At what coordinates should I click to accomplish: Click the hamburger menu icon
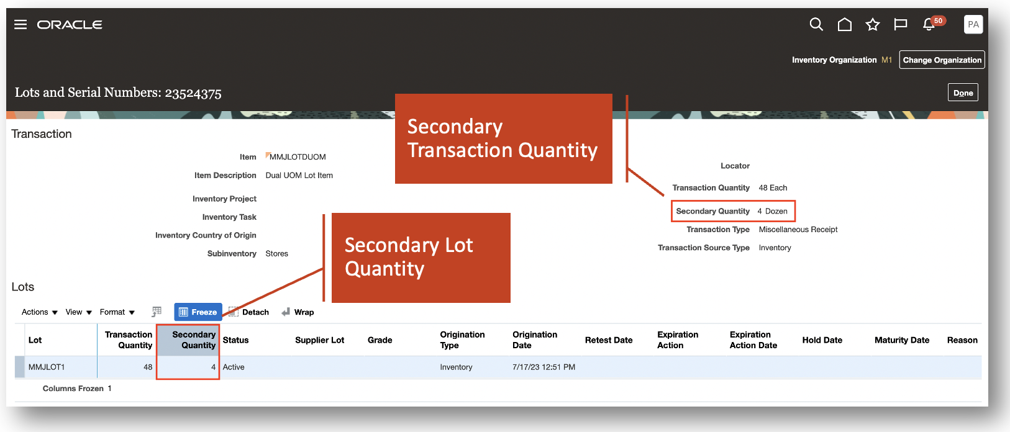click(x=20, y=24)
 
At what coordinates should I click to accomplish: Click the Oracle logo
click(x=70, y=24)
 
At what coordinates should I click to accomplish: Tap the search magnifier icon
click(x=816, y=24)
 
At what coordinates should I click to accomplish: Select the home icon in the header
click(x=845, y=24)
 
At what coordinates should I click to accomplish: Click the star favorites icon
click(x=873, y=24)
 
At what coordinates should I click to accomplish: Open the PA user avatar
click(x=973, y=24)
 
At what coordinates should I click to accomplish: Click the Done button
click(x=963, y=93)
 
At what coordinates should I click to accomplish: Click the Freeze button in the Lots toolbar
click(x=198, y=312)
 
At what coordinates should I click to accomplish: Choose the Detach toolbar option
click(x=249, y=312)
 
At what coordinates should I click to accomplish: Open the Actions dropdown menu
click(x=40, y=312)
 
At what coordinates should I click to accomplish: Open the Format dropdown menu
click(x=117, y=312)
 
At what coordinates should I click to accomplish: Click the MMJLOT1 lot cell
click(x=47, y=367)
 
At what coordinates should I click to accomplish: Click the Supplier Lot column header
click(x=320, y=340)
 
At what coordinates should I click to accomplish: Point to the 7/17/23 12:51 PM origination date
click(x=544, y=367)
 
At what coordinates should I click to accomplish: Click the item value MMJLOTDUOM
click(x=298, y=157)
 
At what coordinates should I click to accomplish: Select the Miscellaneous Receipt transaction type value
click(x=798, y=229)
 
